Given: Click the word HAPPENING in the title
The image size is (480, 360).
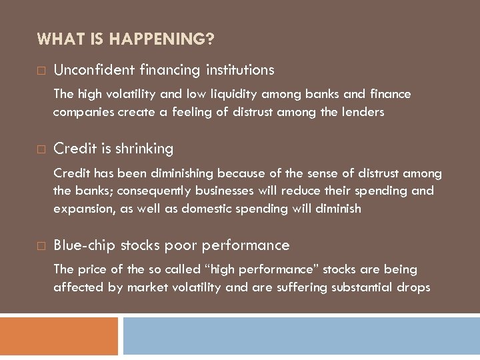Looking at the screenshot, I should (161, 39).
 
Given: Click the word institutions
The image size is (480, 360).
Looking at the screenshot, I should (239, 69).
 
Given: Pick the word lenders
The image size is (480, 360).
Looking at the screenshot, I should (362, 112).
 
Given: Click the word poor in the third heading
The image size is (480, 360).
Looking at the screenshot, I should (179, 245).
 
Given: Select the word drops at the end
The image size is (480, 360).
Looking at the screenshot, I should (415, 287).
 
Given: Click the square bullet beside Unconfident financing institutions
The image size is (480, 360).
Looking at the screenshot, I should (41, 70).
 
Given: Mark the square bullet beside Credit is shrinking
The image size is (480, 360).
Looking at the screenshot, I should (41, 149).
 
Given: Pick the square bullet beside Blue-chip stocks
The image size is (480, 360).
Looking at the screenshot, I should (41, 246).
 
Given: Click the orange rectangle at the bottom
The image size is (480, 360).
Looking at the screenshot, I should (59, 335).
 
